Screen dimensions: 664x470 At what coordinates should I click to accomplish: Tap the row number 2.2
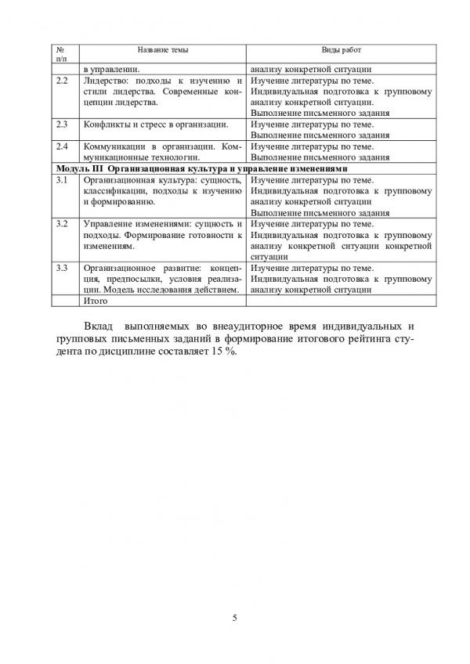[64, 81]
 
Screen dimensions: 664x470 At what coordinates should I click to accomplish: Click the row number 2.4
[64, 146]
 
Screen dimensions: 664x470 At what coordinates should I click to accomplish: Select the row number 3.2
[64, 224]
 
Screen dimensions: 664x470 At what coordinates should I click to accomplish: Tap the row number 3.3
[64, 268]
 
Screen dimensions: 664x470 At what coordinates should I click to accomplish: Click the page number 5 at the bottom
[235, 618]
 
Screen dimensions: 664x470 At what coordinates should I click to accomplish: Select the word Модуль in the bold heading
[70, 168]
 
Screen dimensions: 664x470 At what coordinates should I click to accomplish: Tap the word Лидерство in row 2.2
[103, 81]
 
